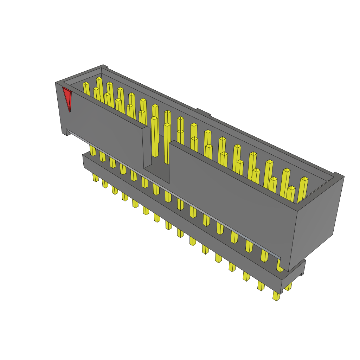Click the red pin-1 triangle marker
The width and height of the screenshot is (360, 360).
(67, 98)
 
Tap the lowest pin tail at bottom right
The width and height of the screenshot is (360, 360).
(276, 296)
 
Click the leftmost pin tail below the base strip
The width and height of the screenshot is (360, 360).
(95, 177)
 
